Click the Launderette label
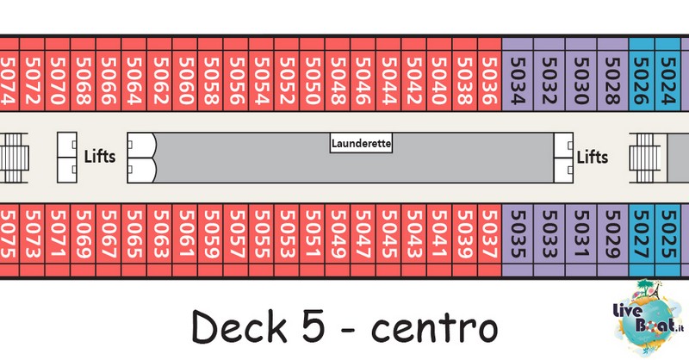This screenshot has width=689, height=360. [x=361, y=143]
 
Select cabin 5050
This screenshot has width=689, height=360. [x=313, y=80]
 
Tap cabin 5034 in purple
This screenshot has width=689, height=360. [x=518, y=80]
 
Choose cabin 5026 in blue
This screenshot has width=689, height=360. [x=642, y=80]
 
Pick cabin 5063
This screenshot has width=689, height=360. [x=160, y=234]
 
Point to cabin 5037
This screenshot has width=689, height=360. [x=489, y=234]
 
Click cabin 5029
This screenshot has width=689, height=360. [x=612, y=234]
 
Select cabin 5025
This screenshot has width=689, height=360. [x=668, y=234]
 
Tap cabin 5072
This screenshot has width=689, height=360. [x=32, y=80]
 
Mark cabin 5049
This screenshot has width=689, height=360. [x=338, y=234]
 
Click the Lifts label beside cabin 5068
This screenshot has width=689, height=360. [x=100, y=157]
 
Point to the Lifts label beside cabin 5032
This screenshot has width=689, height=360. [x=593, y=157]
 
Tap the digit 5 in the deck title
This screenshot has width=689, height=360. [x=314, y=326]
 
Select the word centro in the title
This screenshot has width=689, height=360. [x=434, y=329]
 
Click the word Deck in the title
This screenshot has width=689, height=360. [x=239, y=326]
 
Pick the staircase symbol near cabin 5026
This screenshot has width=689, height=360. [x=644, y=158]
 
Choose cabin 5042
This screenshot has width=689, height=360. [x=414, y=80]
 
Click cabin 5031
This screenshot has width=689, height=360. [x=580, y=234]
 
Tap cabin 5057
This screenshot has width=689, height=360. [x=236, y=234]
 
